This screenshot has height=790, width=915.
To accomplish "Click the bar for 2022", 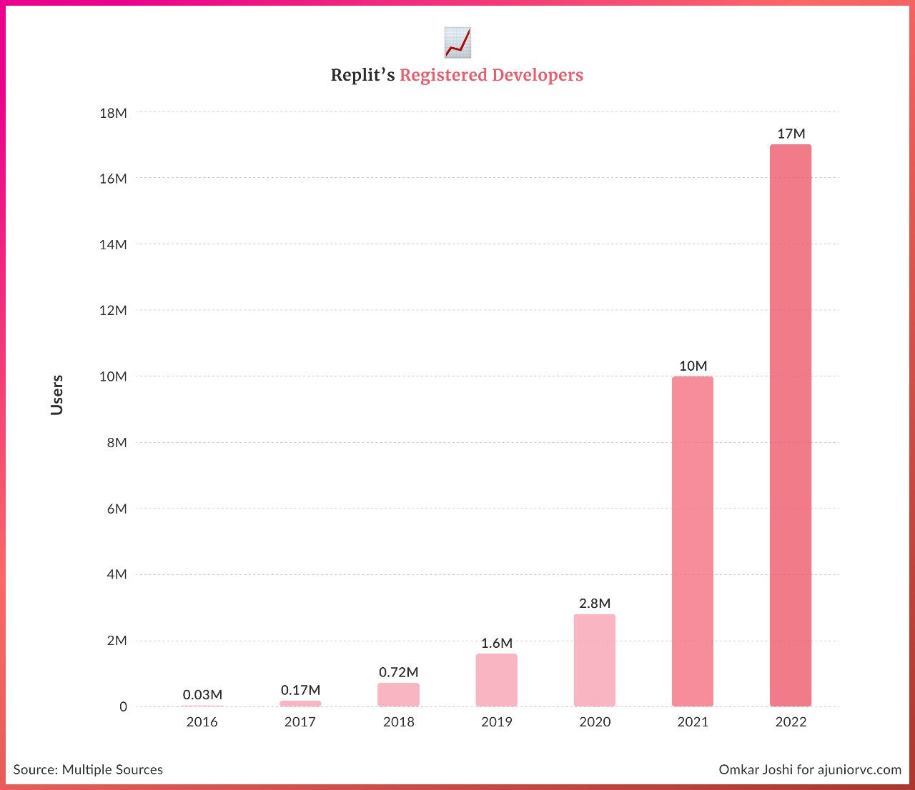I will point(790,425).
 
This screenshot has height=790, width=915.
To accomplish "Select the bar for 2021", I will point(692,541).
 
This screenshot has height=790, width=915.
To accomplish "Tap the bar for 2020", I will point(594,660).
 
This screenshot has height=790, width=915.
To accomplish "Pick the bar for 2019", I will point(496,680).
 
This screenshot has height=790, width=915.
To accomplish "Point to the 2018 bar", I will point(398,694).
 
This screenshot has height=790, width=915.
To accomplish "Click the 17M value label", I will point(791,134).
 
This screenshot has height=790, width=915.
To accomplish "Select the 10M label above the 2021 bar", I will point(693,366).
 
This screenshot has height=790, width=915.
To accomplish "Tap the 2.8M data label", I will point(595,604).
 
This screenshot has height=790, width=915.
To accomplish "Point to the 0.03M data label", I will point(202,694).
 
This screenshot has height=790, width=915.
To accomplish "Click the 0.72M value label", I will point(398,672).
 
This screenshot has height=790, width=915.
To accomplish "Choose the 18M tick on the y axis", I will point(113,113).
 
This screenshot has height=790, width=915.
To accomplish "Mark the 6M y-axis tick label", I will point(113,509).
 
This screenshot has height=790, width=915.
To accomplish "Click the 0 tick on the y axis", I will point(123,706).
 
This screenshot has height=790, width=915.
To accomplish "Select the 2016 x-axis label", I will point(202,722).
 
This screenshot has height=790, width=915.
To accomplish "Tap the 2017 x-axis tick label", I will point(300,722).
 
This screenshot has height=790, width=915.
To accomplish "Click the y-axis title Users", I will point(57,395).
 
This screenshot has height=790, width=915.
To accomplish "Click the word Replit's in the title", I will point(362,75).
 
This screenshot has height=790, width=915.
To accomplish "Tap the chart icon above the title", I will point(457,42).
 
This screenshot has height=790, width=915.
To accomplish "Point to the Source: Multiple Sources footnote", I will point(88,769).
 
